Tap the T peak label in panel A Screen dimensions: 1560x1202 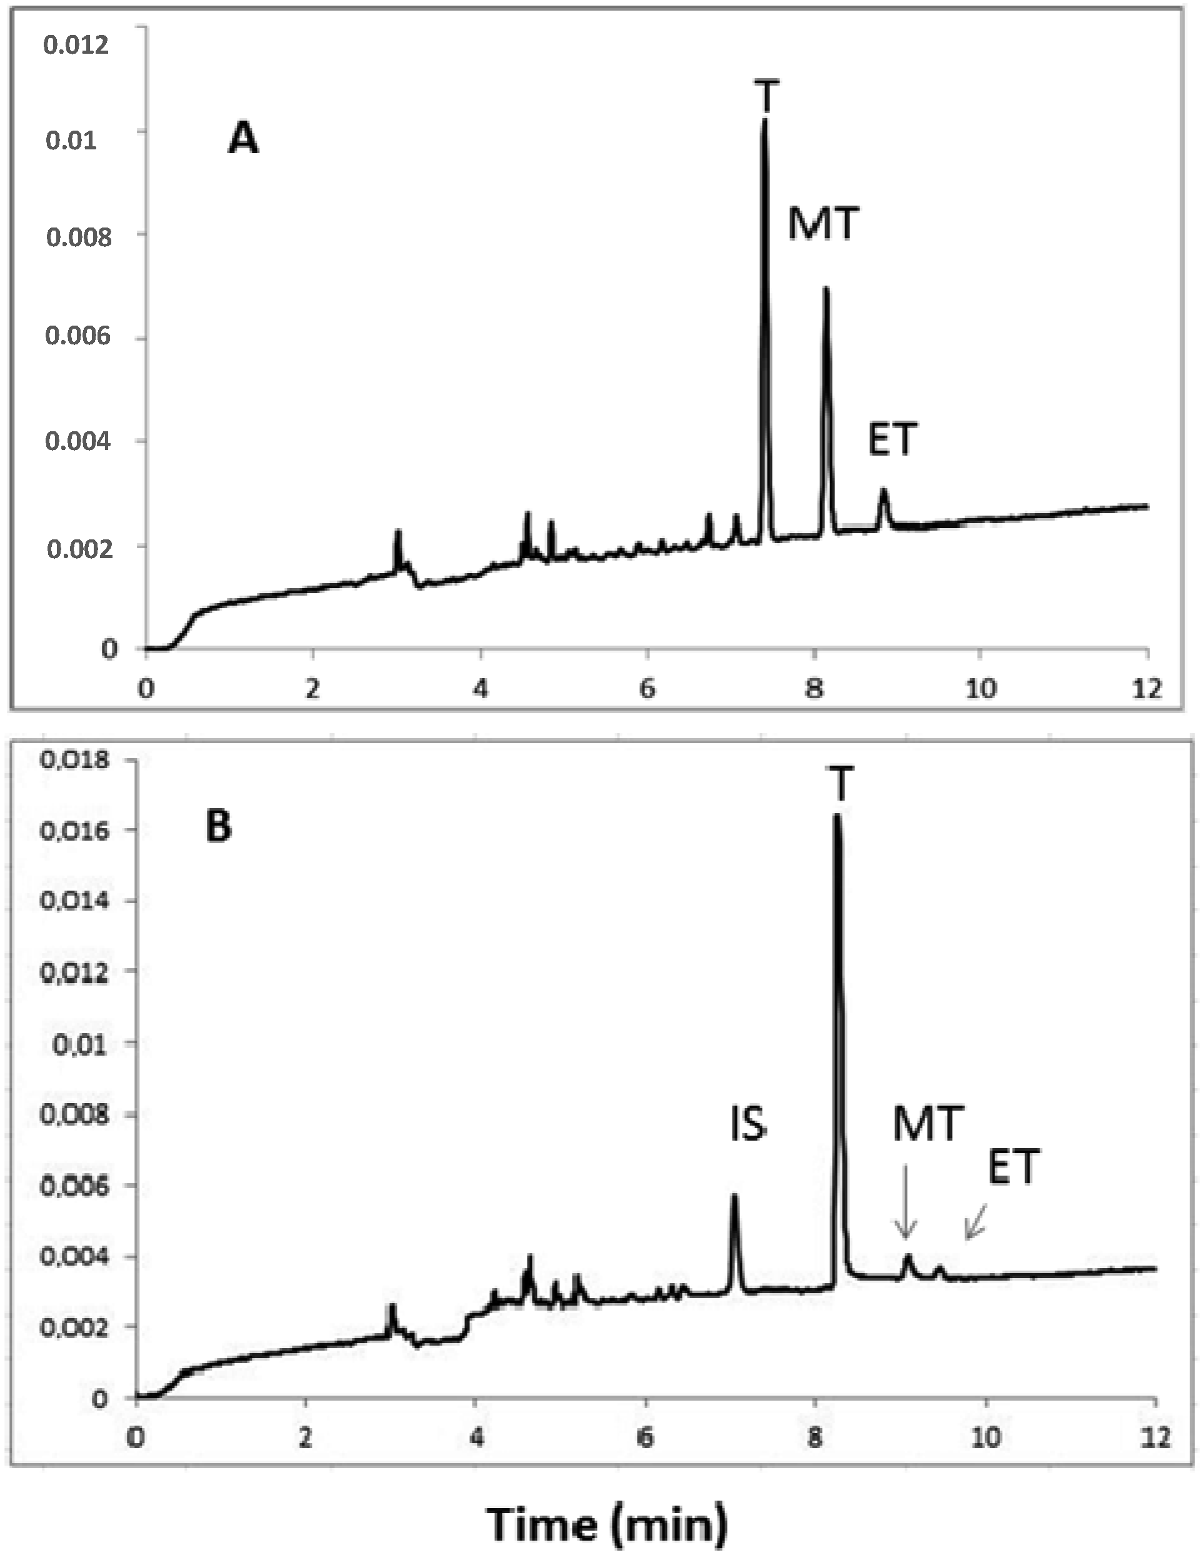click(766, 96)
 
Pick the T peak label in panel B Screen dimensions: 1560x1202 click(841, 784)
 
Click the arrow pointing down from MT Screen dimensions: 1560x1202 click(906, 1201)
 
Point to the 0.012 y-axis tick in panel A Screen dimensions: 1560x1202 click(76, 45)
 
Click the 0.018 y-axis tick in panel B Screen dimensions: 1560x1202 click(76, 759)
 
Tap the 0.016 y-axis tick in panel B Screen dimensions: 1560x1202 click(76, 831)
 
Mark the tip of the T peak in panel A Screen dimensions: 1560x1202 click(765, 120)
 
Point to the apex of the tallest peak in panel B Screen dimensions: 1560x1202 click(837, 815)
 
